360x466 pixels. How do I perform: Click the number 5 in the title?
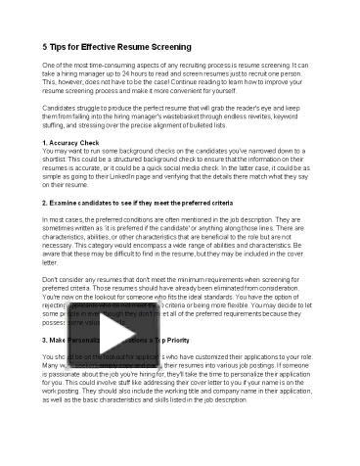(x=47, y=47)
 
